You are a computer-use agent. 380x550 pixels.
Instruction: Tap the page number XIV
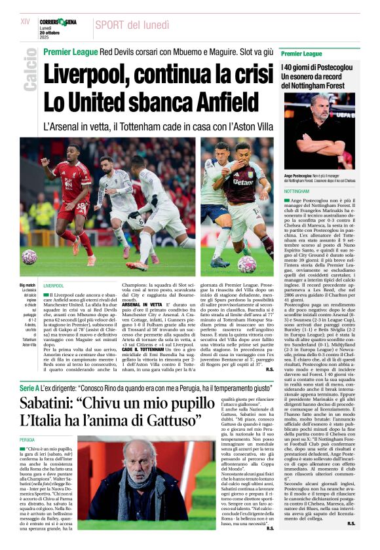pos(26,22)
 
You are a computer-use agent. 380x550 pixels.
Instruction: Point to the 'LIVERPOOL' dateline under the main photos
pos(54,285)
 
